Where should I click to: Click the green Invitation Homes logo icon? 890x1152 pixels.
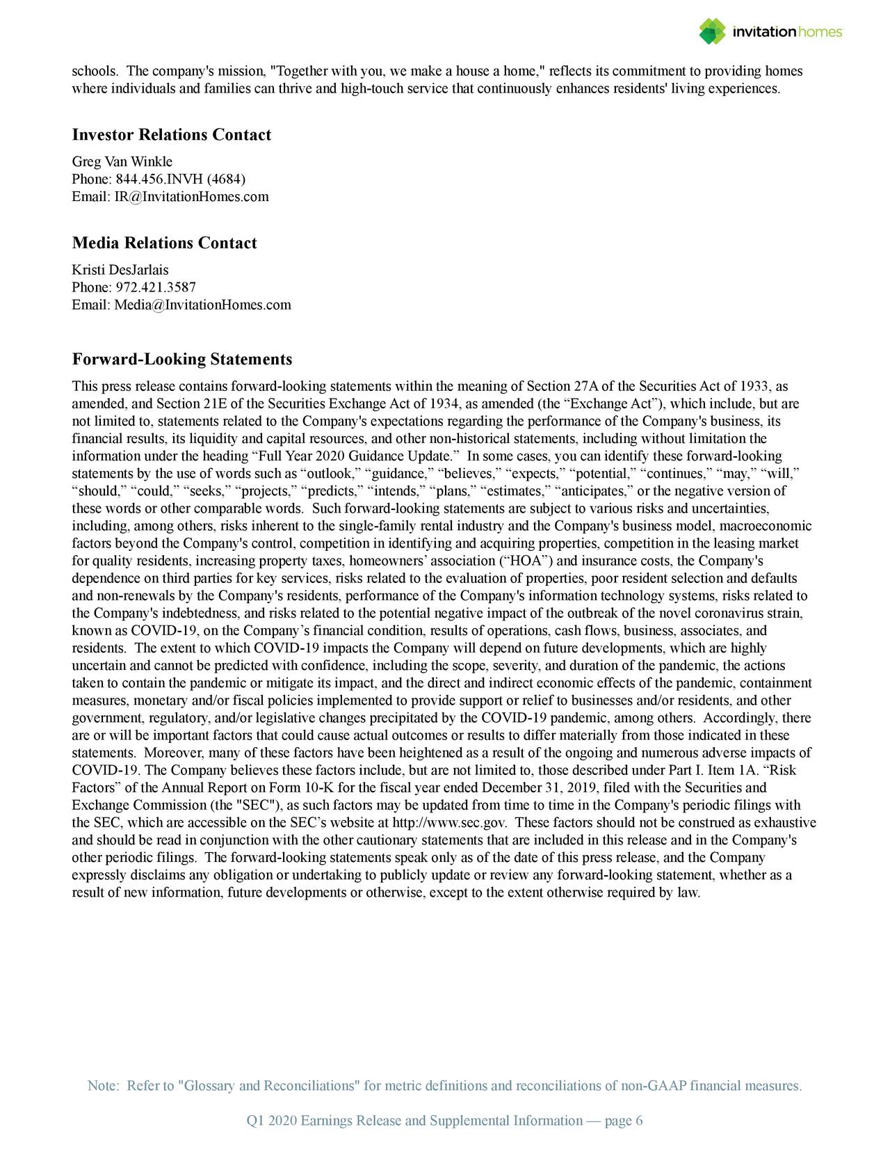click(712, 31)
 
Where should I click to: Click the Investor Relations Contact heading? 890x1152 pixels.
click(171, 135)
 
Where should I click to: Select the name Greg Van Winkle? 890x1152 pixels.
click(122, 162)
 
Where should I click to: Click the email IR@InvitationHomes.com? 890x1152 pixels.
click(191, 197)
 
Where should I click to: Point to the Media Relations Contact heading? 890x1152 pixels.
click(164, 243)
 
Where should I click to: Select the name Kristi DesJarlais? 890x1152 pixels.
click(120, 270)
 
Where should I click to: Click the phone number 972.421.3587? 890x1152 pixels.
click(156, 287)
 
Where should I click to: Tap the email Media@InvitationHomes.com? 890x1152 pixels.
click(202, 305)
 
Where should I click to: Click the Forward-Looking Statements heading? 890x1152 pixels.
click(182, 360)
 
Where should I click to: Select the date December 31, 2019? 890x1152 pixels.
click(533, 788)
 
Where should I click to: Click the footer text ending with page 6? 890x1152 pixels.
click(445, 1121)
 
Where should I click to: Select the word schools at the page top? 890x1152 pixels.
click(95, 72)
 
